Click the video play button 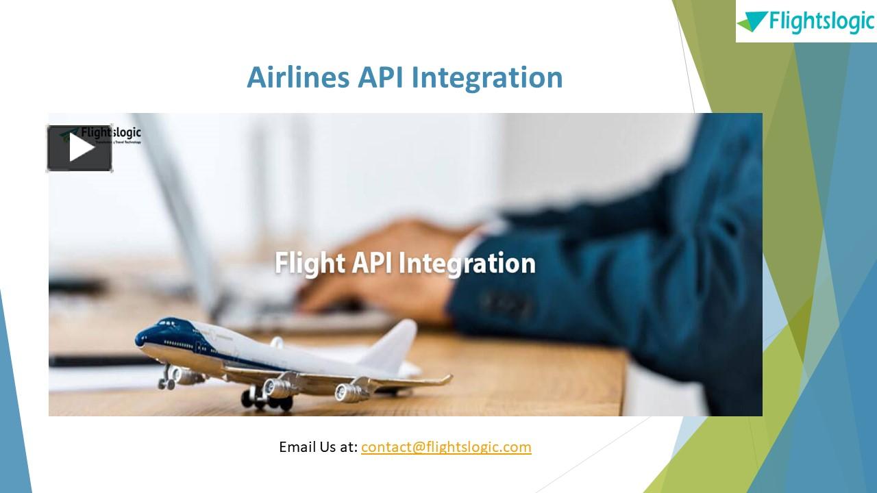79,148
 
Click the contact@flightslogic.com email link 446,447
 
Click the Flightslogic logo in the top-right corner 806,21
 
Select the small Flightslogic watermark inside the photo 110,134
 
